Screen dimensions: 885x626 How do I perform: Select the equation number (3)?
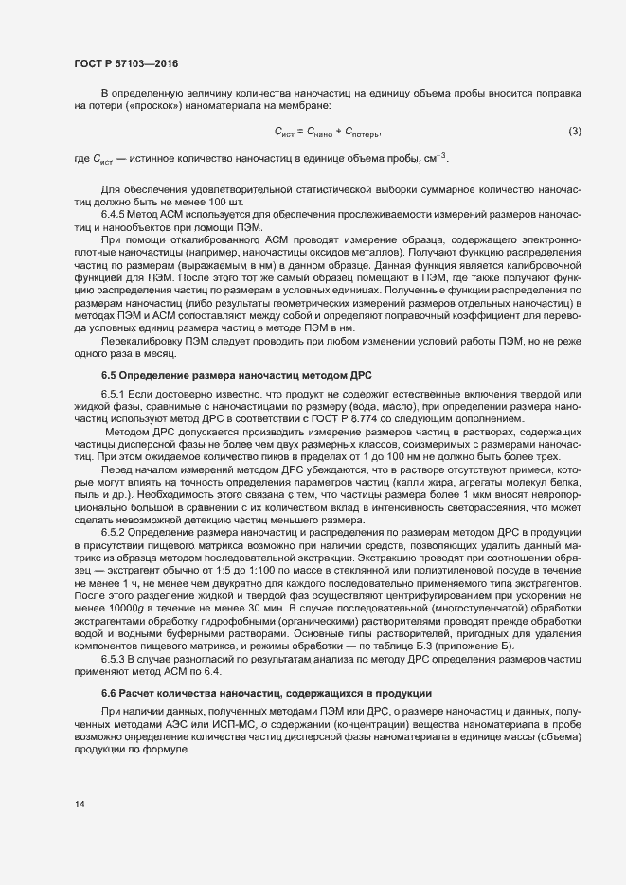574,131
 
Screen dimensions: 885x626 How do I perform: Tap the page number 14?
80,805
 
